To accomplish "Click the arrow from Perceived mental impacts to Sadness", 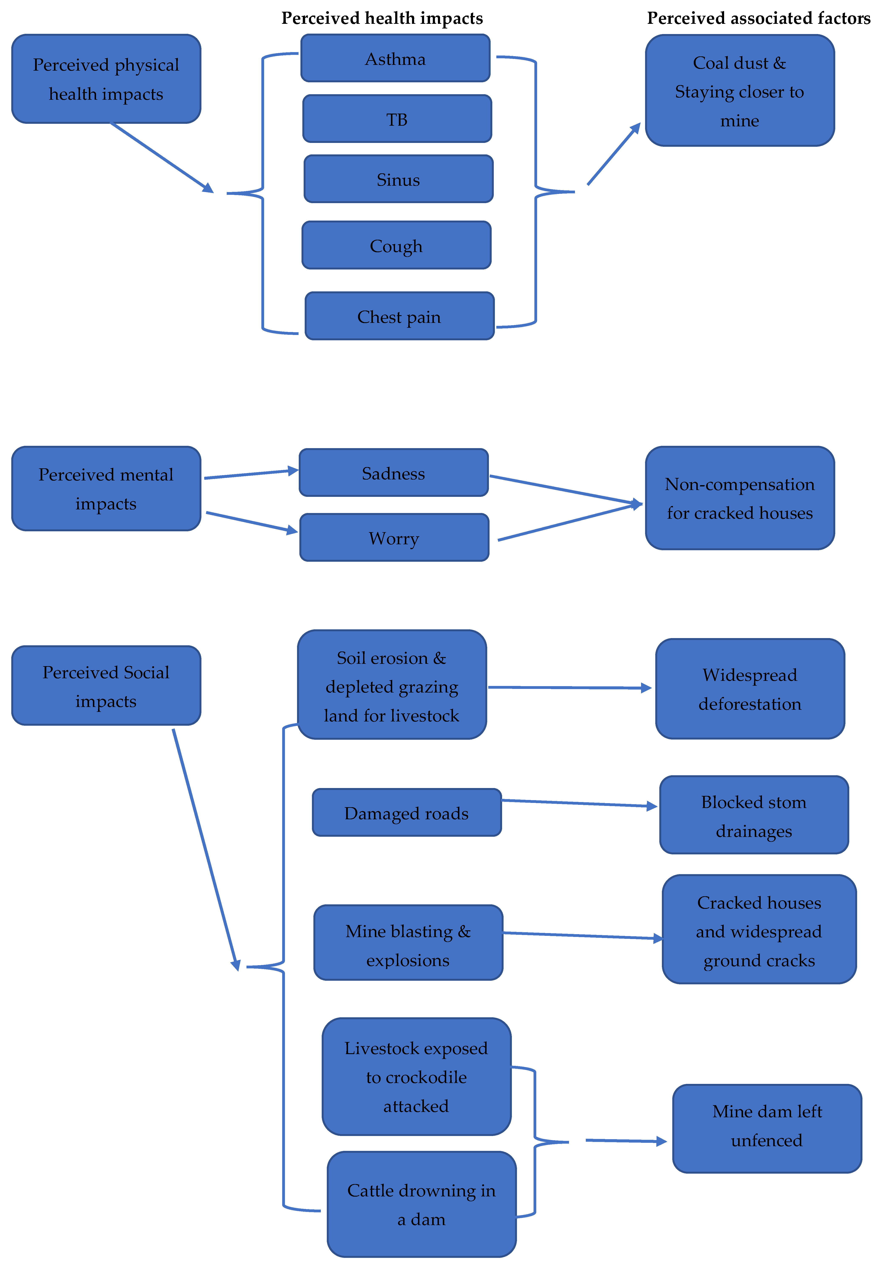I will click(x=250, y=473).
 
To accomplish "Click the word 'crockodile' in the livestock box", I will click(x=416, y=1077).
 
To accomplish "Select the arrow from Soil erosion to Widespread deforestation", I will click(x=568, y=687).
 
